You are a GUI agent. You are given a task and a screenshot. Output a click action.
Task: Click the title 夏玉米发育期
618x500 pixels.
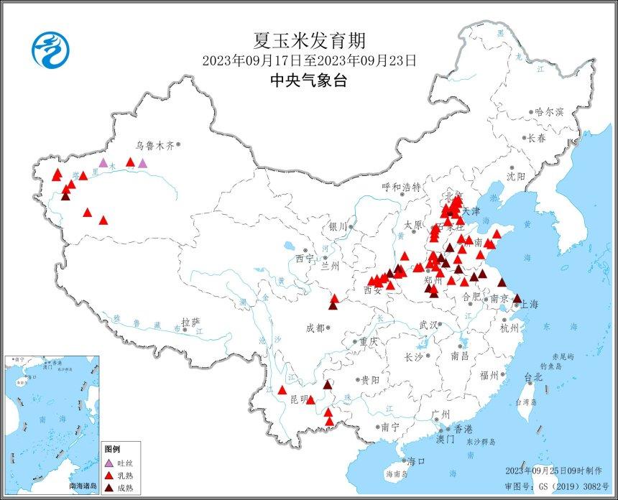tap(308, 41)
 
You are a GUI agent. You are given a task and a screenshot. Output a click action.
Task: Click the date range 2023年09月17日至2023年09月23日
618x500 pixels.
tap(308, 60)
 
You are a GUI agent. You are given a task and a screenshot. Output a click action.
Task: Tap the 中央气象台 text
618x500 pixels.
tap(308, 80)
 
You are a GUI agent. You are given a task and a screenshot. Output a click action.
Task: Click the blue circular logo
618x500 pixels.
tap(52, 50)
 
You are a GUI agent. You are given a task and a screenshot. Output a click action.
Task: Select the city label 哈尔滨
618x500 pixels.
tap(549, 112)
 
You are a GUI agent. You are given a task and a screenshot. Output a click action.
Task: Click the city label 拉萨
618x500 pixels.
tap(190, 323)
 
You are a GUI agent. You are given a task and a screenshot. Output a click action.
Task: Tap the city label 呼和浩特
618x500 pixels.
tap(401, 187)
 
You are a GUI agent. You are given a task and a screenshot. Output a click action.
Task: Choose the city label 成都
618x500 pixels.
tap(315, 328)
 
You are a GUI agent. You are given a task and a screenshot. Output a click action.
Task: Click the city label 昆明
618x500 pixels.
tap(297, 399)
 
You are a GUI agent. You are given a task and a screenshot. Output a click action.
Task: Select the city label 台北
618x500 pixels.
tap(533, 376)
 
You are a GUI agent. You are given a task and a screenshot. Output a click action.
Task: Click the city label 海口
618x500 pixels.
tap(416, 461)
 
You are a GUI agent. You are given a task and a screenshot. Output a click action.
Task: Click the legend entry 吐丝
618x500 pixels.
tap(126, 463)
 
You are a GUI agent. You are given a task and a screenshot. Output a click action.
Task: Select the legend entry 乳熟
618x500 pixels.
tap(126, 475)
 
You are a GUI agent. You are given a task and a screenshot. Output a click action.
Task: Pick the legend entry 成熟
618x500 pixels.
tap(126, 487)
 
